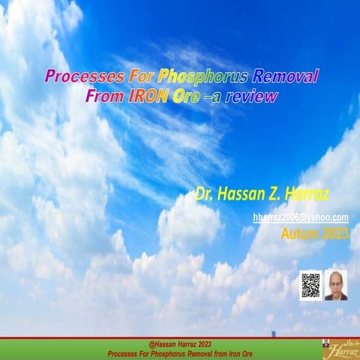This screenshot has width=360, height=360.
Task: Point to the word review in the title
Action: pos(251,96)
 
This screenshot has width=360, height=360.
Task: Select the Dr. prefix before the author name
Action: pos(205,196)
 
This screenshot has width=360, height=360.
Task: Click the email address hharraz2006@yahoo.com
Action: pos(300,217)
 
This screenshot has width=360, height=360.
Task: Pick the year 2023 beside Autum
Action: pos(335,234)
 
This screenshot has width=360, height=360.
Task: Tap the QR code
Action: pos(310,285)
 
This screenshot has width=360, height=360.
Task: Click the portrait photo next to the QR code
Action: pos(336,285)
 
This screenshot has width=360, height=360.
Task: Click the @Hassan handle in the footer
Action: pos(166,343)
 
